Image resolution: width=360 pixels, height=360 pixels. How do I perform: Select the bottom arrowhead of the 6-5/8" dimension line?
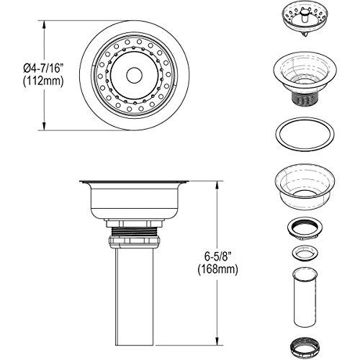[x=216, y=342]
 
